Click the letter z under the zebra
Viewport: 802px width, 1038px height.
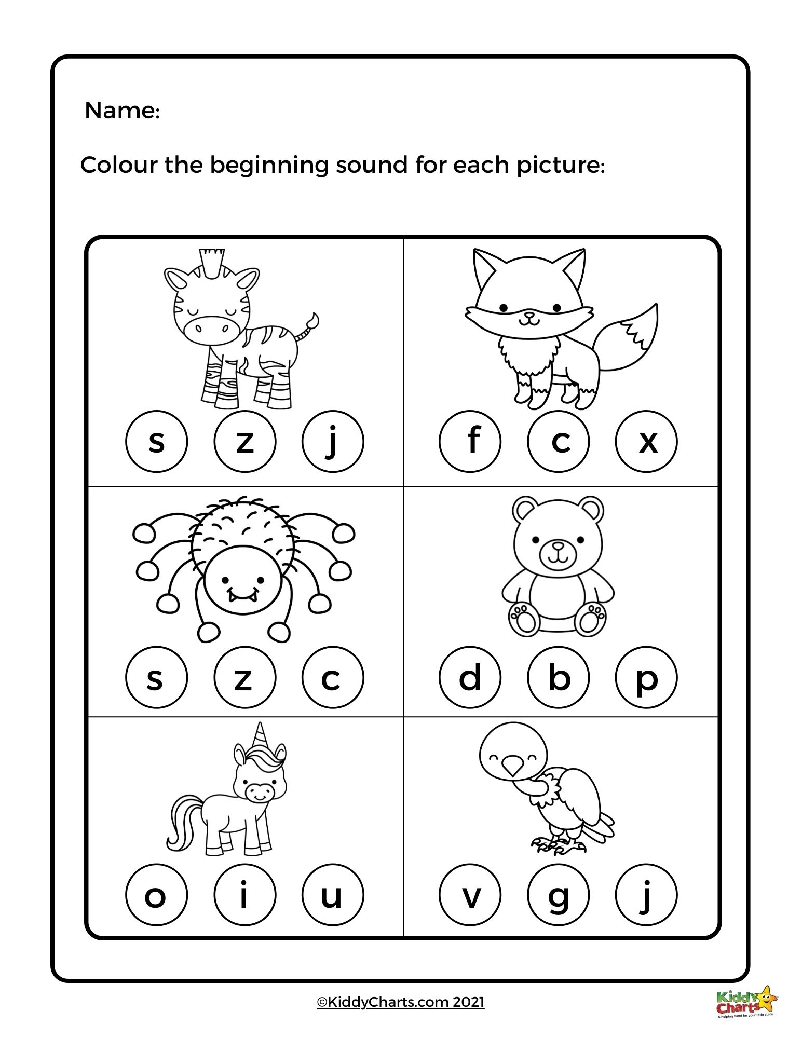tap(244, 442)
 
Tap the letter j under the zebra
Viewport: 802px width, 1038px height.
tap(333, 442)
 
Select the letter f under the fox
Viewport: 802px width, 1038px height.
tap(470, 442)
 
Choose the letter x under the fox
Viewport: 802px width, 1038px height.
tap(646, 442)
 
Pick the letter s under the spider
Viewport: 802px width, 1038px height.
tap(156, 677)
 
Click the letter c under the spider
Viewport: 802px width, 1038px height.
tap(333, 677)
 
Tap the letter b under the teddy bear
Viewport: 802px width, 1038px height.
tap(558, 677)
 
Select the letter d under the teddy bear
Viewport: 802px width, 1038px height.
tap(470, 677)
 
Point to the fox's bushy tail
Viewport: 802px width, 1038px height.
tap(631, 337)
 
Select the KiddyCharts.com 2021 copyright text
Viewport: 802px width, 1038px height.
tap(400, 1002)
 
